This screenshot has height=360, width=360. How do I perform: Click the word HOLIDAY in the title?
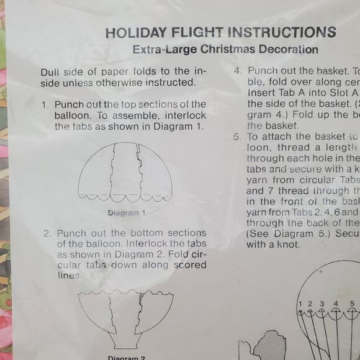click(135, 33)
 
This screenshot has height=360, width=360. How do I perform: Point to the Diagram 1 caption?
click(126, 212)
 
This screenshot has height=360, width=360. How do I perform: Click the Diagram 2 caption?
click(126, 358)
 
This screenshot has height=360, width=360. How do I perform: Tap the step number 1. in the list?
click(45, 104)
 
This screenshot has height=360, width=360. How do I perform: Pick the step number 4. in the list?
click(238, 71)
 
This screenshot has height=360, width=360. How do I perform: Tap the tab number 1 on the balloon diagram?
click(300, 304)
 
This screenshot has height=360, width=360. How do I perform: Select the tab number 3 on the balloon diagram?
click(322, 304)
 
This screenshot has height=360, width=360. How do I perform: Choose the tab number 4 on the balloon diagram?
click(336, 304)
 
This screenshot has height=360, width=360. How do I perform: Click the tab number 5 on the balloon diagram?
click(351, 304)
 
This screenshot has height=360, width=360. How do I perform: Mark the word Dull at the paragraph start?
click(52, 71)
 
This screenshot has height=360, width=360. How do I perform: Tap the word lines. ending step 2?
click(70, 275)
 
